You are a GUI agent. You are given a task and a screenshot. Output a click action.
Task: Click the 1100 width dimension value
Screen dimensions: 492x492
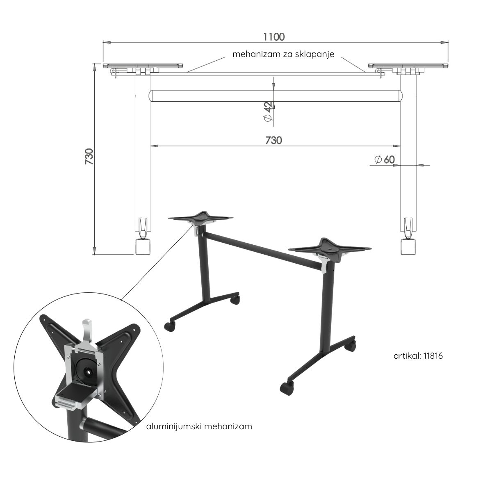274,37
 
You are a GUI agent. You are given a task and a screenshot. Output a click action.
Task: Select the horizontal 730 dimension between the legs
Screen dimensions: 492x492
274,141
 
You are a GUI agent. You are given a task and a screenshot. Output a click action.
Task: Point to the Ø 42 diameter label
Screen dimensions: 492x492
268,112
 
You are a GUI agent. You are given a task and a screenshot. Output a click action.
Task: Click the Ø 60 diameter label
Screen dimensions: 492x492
385,159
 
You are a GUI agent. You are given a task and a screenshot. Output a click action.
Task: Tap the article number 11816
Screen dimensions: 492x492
433,356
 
